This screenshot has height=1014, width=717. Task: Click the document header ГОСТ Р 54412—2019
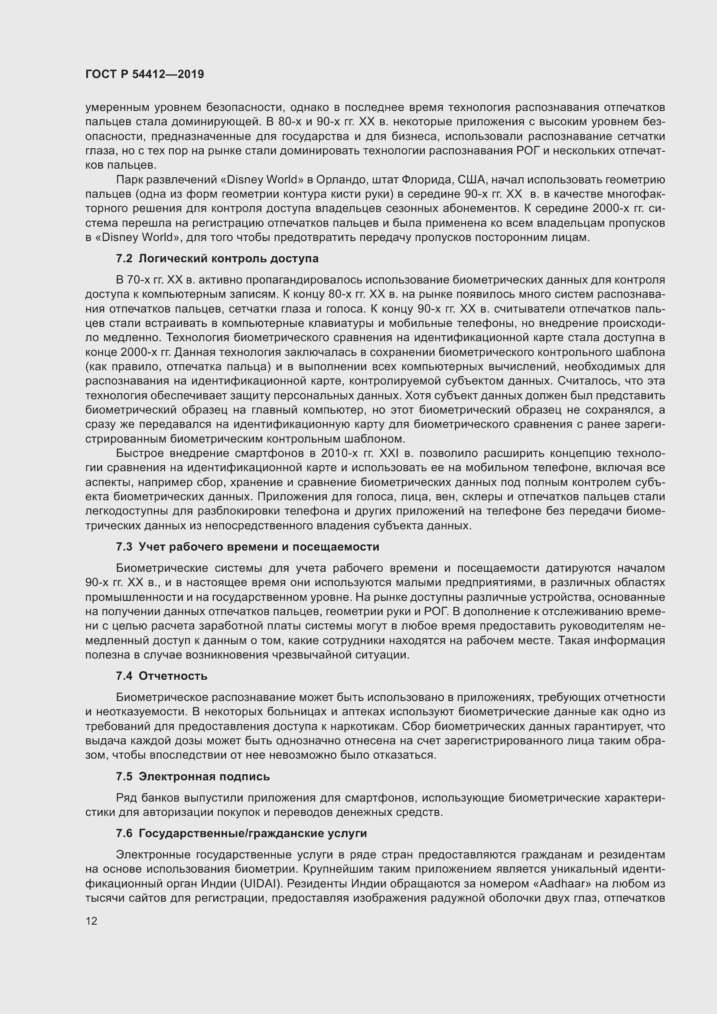(144, 74)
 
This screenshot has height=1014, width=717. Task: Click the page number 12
(91, 921)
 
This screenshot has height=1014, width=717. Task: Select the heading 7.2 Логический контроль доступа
(217, 258)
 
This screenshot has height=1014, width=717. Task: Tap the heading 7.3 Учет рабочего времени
(247, 547)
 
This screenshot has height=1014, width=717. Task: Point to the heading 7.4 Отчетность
(162, 676)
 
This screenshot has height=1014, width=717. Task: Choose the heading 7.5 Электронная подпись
(192, 776)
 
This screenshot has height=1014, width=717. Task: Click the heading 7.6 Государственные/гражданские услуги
(241, 833)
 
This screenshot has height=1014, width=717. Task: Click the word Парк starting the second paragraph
(129, 180)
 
